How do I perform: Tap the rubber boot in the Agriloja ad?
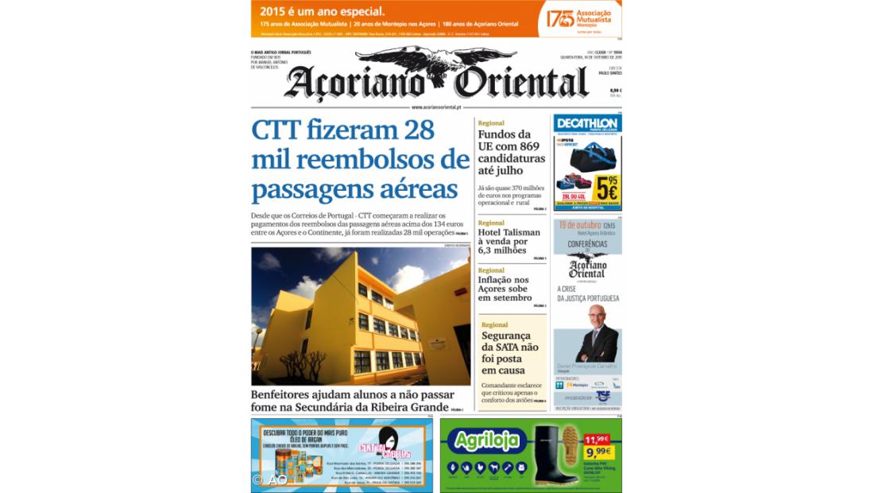click(554, 456)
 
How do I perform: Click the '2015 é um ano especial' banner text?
click(322, 12)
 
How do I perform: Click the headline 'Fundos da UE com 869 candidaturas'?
click(512, 152)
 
